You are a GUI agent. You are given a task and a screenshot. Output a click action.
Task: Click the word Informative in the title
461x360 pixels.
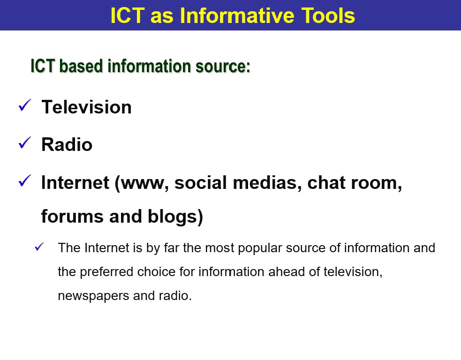click(237, 15)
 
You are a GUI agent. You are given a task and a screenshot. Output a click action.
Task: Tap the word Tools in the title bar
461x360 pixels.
click(328, 15)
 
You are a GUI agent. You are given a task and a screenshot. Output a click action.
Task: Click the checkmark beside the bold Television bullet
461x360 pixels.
click(24, 105)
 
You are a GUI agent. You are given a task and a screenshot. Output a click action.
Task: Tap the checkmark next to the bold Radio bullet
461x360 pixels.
click(24, 143)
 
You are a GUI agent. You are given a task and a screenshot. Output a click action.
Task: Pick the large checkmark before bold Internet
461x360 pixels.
click(24, 180)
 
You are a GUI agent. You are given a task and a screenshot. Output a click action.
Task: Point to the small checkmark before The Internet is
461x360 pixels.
click(39, 247)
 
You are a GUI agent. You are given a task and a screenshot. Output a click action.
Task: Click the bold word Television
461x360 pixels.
click(86, 107)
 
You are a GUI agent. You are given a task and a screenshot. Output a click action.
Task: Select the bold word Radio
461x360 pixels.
click(67, 145)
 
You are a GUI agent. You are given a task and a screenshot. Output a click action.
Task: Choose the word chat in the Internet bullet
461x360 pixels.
click(327, 183)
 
